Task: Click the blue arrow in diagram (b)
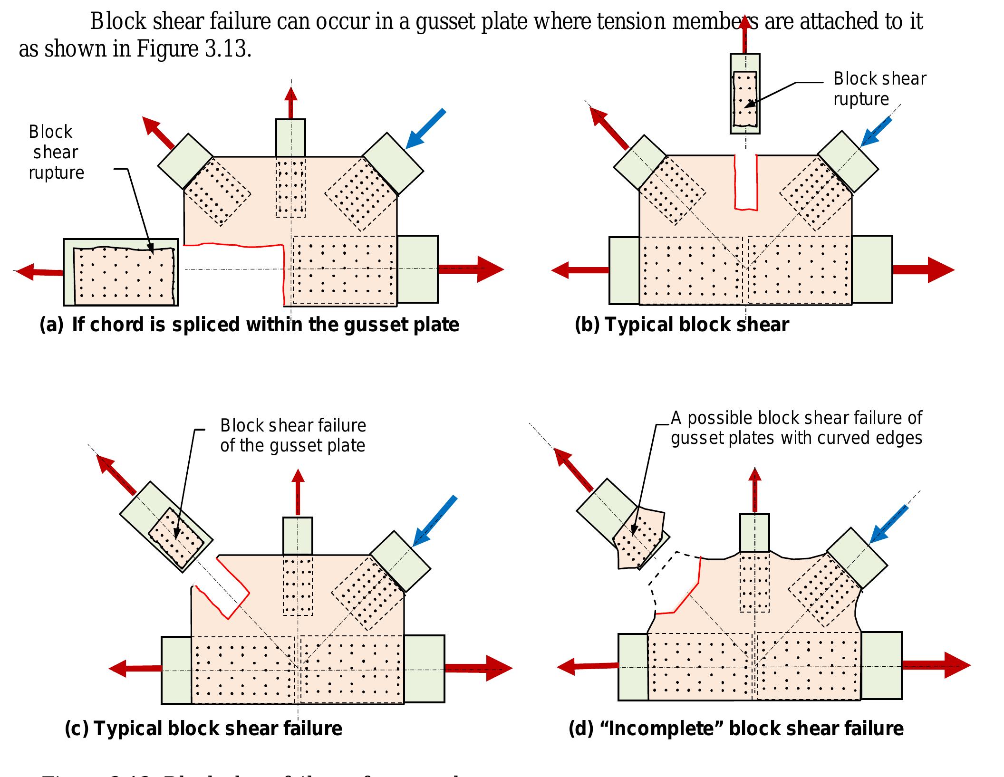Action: pyautogui.click(x=876, y=131)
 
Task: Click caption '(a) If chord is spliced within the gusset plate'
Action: pyautogui.click(x=249, y=325)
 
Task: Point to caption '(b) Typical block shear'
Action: pyautogui.click(x=682, y=325)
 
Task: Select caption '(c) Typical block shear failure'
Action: pyautogui.click(x=203, y=728)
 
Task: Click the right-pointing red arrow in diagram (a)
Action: pyautogui.click(x=471, y=269)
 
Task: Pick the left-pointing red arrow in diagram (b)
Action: pyautogui.click(x=580, y=270)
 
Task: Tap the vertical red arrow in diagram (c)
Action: pyautogui.click(x=298, y=492)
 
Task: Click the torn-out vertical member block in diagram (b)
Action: pyautogui.click(x=745, y=94)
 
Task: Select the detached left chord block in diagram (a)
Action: pyautogui.click(x=121, y=272)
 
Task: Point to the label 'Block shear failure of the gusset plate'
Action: pyautogui.click(x=293, y=435)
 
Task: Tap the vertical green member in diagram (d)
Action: pyautogui.click(x=754, y=532)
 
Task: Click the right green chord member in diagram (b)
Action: pyautogui.click(x=872, y=269)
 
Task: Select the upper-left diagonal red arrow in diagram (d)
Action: pyautogui.click(x=573, y=470)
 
